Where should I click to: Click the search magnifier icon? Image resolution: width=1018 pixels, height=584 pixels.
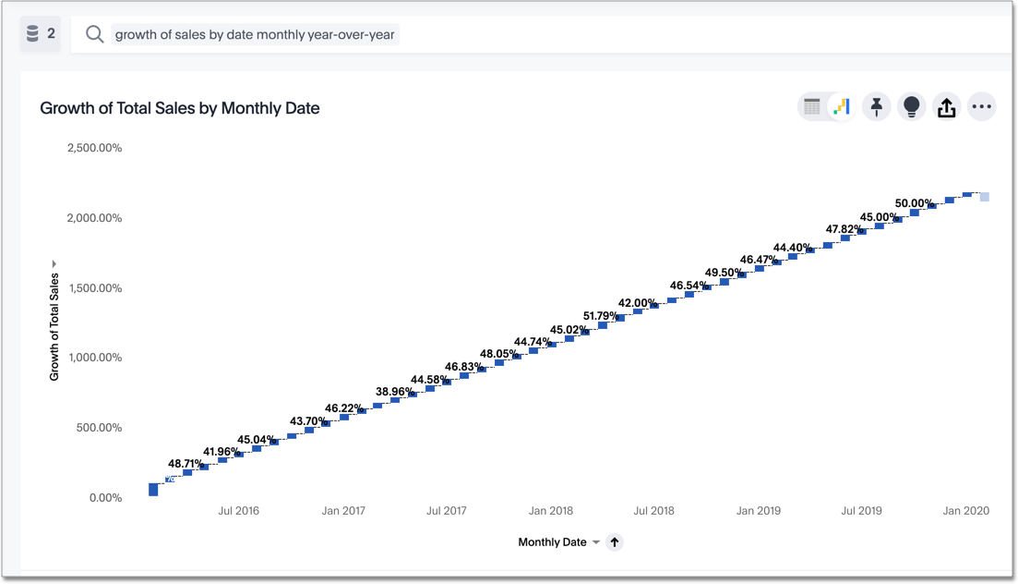94,34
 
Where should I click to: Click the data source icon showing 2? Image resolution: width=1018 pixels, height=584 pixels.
41,34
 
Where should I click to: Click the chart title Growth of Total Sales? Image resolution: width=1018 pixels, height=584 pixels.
180,108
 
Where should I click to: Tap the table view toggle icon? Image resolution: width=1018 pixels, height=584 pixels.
812,107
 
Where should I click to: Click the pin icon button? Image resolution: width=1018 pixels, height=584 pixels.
877,107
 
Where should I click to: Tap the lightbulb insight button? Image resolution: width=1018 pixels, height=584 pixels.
912,107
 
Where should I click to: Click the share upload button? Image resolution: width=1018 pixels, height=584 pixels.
946,107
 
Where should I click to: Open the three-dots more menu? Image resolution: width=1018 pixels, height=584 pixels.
982,107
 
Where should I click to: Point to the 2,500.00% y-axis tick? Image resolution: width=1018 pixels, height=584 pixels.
94,148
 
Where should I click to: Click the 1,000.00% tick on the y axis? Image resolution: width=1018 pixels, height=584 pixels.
94,358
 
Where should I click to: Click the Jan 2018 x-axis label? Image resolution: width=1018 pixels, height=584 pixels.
551,511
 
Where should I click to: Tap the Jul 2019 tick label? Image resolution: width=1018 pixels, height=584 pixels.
861,511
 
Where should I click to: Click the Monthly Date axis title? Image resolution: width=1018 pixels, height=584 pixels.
552,542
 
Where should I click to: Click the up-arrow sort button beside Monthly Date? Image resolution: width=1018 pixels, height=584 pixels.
615,542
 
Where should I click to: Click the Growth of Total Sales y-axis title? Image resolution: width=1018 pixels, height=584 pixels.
54,326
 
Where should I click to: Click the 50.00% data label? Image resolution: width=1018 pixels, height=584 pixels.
915,203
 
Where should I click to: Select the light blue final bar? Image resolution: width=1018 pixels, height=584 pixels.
985,197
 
